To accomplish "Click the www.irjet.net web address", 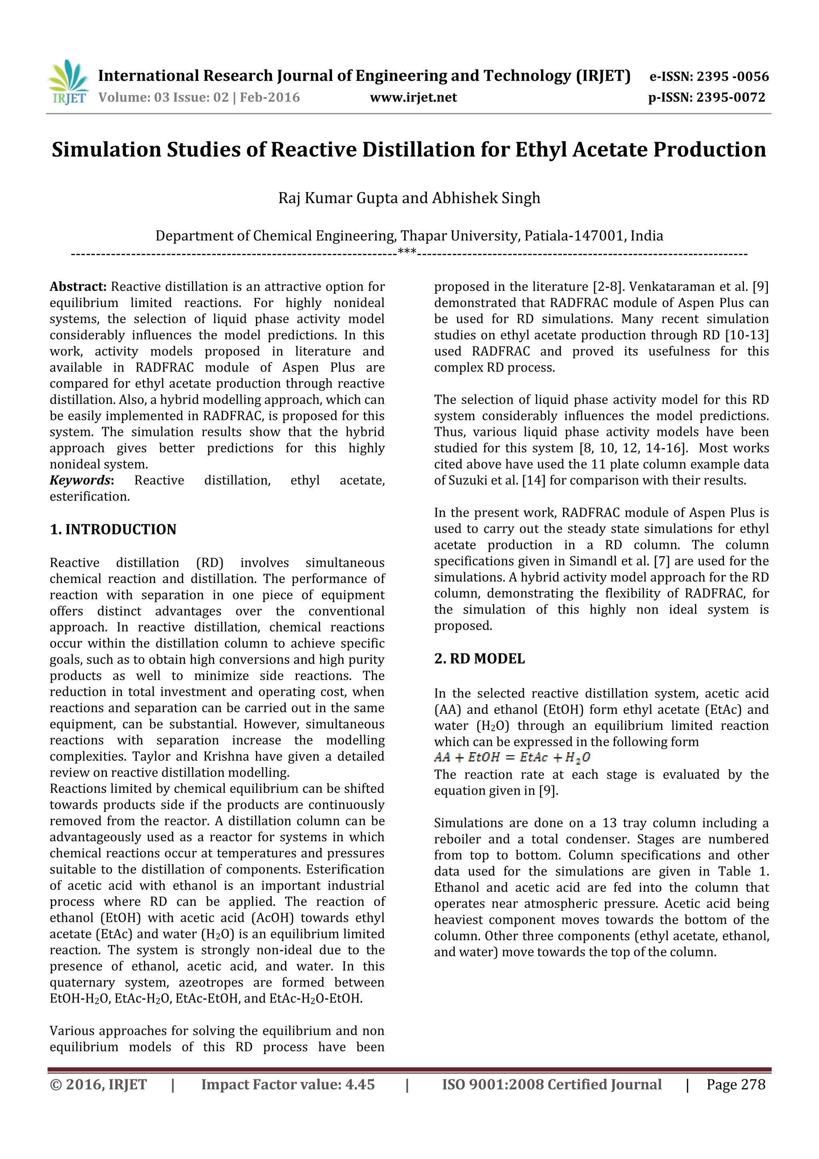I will click(x=413, y=98).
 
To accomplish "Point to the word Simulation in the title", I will click(x=106, y=150).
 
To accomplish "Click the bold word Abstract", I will click(x=78, y=287).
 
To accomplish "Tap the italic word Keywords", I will click(x=80, y=480).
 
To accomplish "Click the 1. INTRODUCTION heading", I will click(x=113, y=530).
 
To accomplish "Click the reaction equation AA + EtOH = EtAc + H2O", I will click(x=512, y=757).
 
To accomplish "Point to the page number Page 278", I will click(x=735, y=1084).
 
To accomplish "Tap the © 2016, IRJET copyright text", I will click(x=98, y=1084).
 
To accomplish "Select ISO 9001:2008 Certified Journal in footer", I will click(x=551, y=1084).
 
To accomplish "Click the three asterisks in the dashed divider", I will click(x=407, y=252).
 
